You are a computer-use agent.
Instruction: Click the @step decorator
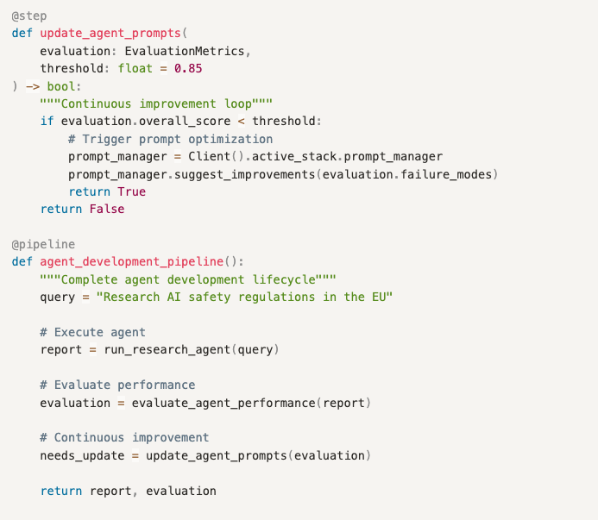pyautogui.click(x=29, y=16)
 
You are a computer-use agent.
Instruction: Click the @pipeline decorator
pyautogui.click(x=43, y=244)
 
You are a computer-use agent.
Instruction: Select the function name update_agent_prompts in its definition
pyautogui.click(x=110, y=33)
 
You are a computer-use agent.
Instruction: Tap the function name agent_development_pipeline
pyautogui.click(x=131, y=261)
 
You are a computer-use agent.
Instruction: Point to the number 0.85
pyautogui.click(x=188, y=68)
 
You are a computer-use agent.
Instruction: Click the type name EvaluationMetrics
pyautogui.click(x=185, y=51)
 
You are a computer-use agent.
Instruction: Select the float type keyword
pyautogui.click(x=135, y=68)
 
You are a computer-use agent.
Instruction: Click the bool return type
pyautogui.click(x=61, y=86)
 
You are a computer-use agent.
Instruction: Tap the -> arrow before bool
pyautogui.click(x=33, y=86)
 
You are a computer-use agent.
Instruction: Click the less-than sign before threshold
pyautogui.click(x=241, y=122)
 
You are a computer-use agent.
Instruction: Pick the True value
pyautogui.click(x=131, y=191)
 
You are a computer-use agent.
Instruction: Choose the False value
pyautogui.click(x=107, y=209)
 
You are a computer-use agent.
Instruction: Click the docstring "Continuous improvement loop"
pyautogui.click(x=156, y=103)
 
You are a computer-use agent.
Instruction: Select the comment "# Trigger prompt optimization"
pyautogui.click(x=171, y=139)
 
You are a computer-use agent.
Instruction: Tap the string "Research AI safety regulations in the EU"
pyautogui.click(x=244, y=297)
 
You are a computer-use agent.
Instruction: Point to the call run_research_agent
pyautogui.click(x=167, y=349)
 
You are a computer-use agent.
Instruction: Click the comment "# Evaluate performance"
pyautogui.click(x=117, y=385)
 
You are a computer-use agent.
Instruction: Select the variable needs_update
pyautogui.click(x=82, y=455)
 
